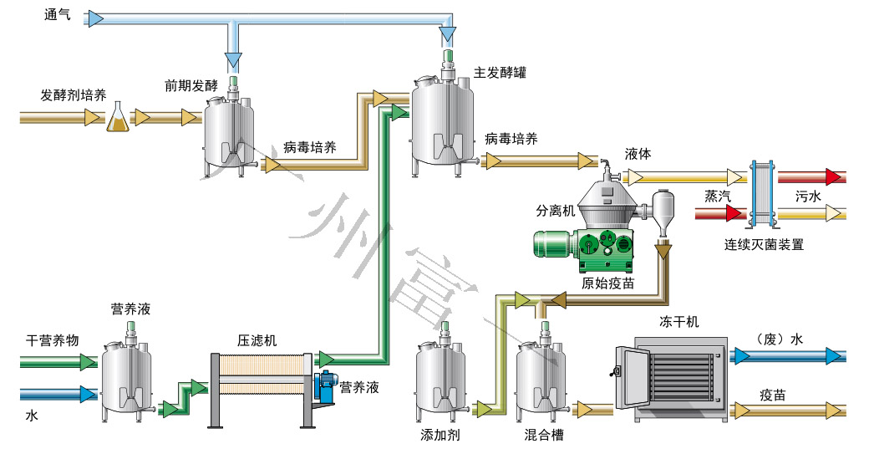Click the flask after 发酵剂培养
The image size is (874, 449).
[x=119, y=119]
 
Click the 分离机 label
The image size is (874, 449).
[x=555, y=212]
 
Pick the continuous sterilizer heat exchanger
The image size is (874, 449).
[x=762, y=193]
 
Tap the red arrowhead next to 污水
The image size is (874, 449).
[x=832, y=176]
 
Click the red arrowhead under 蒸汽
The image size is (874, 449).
[x=734, y=213]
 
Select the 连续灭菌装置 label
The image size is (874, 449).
[x=764, y=245]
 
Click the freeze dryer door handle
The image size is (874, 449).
[x=617, y=370]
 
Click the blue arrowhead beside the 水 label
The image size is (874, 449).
[x=87, y=393]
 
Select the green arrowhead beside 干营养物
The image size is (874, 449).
[x=87, y=361]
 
